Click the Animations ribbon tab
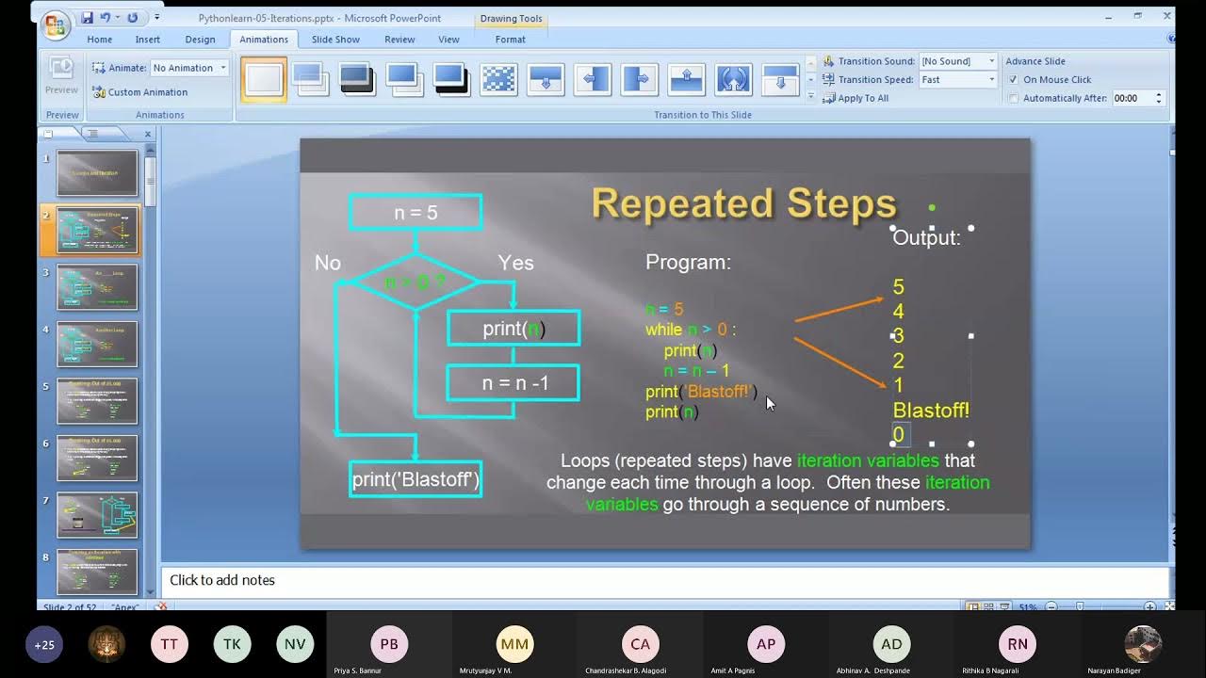(x=263, y=40)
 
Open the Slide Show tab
(x=335, y=40)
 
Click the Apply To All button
(x=862, y=98)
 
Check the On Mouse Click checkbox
(x=1014, y=80)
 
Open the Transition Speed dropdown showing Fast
(x=958, y=80)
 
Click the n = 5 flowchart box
(x=416, y=213)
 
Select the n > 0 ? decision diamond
(x=416, y=282)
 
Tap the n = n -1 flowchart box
(x=513, y=383)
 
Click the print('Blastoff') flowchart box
(x=416, y=479)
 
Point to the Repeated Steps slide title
(x=743, y=203)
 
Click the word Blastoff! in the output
(x=931, y=411)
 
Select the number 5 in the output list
(x=898, y=287)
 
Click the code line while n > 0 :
(x=690, y=330)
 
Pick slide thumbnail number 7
(x=97, y=515)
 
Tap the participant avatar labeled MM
(x=514, y=644)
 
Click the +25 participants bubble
(x=44, y=645)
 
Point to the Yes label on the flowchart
(x=515, y=263)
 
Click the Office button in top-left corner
(x=56, y=25)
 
